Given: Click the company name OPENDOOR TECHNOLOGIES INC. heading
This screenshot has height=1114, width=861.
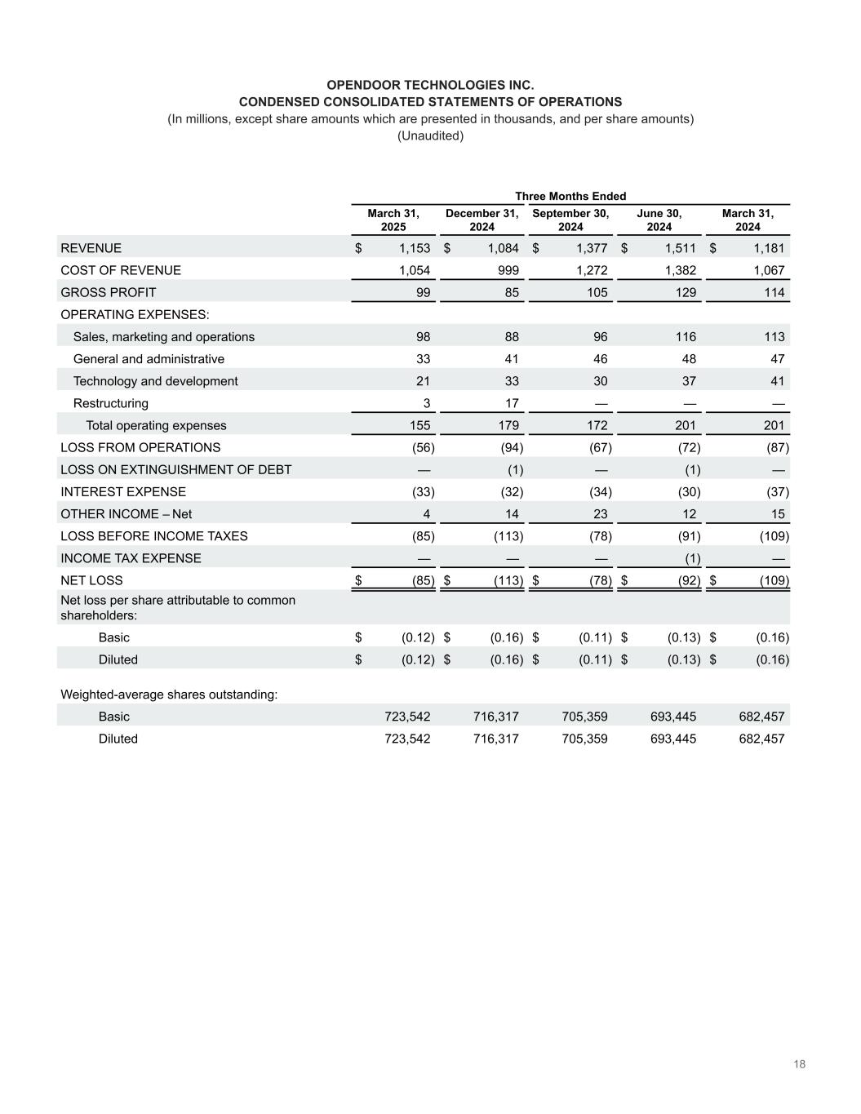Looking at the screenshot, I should click(x=430, y=85).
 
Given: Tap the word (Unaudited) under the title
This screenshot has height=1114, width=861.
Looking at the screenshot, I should click(x=430, y=135).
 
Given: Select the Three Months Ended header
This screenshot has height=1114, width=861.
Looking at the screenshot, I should click(x=570, y=196).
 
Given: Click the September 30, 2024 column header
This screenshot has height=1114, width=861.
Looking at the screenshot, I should click(x=570, y=220).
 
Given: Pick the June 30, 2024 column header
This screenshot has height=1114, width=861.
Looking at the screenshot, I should click(x=659, y=220).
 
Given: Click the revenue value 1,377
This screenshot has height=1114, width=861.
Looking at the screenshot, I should click(x=592, y=248).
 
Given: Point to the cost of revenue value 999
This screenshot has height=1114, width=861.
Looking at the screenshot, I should click(x=508, y=270).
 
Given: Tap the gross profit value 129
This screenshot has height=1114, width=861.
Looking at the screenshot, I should click(x=686, y=292).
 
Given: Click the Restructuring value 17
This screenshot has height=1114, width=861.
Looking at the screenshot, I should click(x=511, y=403).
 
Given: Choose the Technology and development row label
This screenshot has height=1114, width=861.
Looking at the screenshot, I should click(x=156, y=381).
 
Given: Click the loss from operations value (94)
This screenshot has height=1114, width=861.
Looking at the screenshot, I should click(x=511, y=447).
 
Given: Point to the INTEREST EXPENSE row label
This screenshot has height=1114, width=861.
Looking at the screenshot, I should click(x=123, y=491).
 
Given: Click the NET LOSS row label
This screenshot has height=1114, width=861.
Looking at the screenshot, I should click(x=91, y=580).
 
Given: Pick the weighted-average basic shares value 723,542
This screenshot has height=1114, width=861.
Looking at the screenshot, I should click(x=407, y=717).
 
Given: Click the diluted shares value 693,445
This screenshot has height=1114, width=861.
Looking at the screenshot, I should click(x=673, y=739).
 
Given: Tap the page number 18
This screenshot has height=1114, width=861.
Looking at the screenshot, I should click(x=799, y=1064).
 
